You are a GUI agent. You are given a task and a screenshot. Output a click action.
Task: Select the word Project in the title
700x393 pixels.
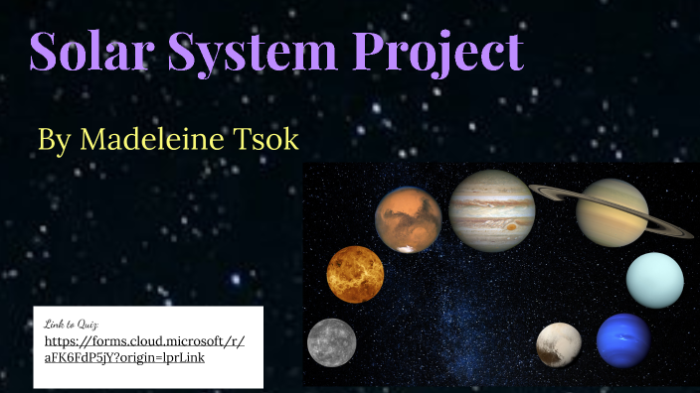(437, 52)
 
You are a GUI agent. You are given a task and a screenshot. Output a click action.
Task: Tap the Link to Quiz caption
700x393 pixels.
(72, 324)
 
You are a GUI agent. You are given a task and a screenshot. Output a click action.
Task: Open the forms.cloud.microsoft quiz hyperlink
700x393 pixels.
(145, 349)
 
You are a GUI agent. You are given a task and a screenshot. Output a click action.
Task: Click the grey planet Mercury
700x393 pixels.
(331, 341)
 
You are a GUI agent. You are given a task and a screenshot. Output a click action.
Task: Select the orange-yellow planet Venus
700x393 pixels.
(355, 274)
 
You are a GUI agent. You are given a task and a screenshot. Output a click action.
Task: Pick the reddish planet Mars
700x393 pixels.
(408, 219)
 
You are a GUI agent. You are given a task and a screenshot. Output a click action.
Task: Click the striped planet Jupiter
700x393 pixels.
(491, 209)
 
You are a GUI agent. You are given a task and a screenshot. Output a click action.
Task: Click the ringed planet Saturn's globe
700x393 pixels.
(612, 211)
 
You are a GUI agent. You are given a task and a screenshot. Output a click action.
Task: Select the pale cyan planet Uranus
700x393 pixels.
(654, 281)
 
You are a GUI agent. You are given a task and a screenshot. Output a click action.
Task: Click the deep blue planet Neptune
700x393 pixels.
(623, 340)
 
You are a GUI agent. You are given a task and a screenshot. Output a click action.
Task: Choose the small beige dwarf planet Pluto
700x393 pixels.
(559, 344)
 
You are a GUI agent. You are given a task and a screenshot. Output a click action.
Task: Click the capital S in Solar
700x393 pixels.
(45, 52)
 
